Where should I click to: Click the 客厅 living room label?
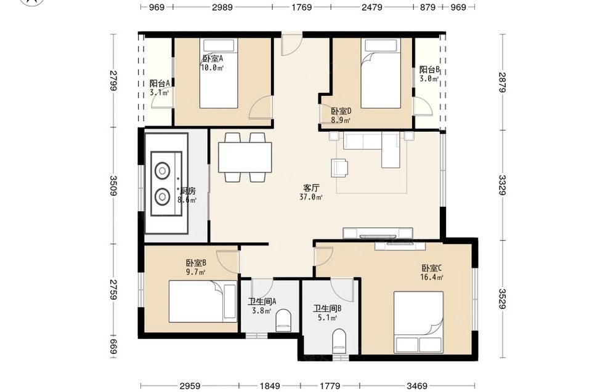[311, 188]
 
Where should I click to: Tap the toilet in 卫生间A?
[283, 320]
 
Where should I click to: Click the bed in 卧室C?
[419, 322]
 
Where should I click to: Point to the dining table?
[245, 157]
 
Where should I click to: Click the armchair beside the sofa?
[340, 167]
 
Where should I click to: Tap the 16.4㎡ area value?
[432, 278]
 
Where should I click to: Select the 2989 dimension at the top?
[222, 7]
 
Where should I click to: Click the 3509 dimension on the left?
[113, 186]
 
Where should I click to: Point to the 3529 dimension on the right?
[503, 299]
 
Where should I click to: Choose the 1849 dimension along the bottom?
[270, 386]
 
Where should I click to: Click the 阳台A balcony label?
[160, 84]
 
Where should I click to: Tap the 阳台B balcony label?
[429, 70]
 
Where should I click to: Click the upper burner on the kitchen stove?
[162, 171]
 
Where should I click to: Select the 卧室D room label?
[341, 111]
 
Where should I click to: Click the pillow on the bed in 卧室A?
[219, 46]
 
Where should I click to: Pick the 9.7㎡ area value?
[196, 272]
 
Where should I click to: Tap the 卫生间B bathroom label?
[327, 308]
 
